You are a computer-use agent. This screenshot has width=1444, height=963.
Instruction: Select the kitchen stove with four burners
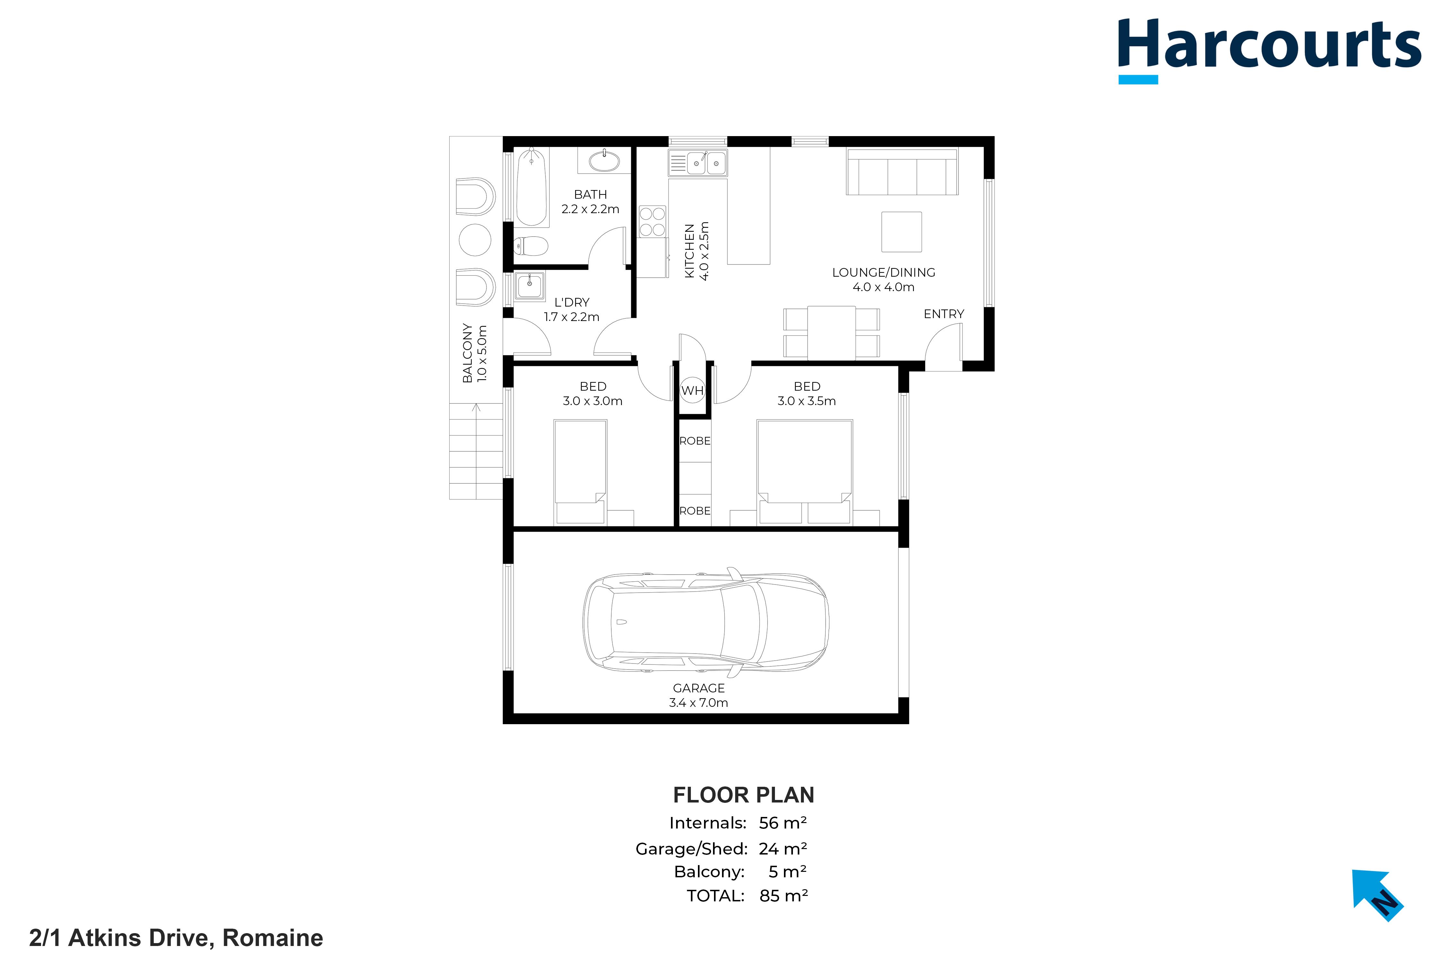[652, 221]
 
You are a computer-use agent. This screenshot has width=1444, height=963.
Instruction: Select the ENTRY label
[944, 314]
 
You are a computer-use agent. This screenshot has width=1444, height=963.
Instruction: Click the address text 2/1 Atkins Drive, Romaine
[176, 938]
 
